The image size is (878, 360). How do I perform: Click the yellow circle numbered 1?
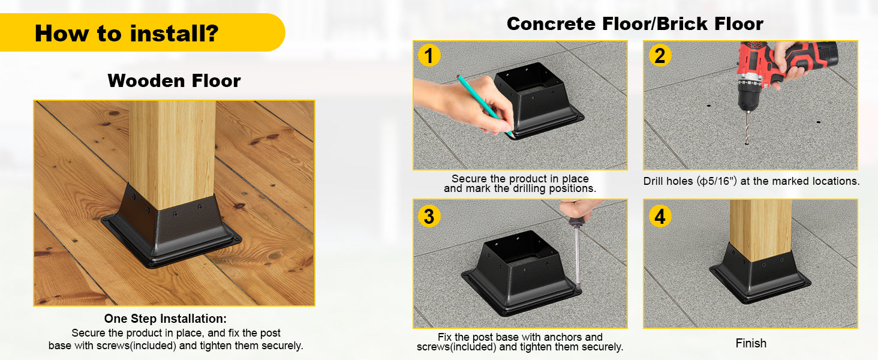(x=429, y=55)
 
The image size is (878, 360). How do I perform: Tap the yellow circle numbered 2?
(x=660, y=55)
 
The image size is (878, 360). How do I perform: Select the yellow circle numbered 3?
(x=429, y=216)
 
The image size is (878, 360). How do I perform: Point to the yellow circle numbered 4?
(x=660, y=216)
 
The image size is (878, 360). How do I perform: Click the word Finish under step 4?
(x=751, y=343)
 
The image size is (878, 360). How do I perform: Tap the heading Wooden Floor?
(x=174, y=81)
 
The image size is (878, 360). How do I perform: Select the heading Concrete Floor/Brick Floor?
(x=635, y=23)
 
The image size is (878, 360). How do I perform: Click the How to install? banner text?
(x=127, y=34)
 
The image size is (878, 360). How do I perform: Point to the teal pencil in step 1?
(x=485, y=106)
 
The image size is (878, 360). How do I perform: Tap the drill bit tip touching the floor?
(x=747, y=143)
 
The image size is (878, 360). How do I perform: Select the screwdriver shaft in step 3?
(x=576, y=255)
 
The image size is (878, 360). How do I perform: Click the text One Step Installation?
(x=166, y=319)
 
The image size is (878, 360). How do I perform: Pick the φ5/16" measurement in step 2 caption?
(x=718, y=181)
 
